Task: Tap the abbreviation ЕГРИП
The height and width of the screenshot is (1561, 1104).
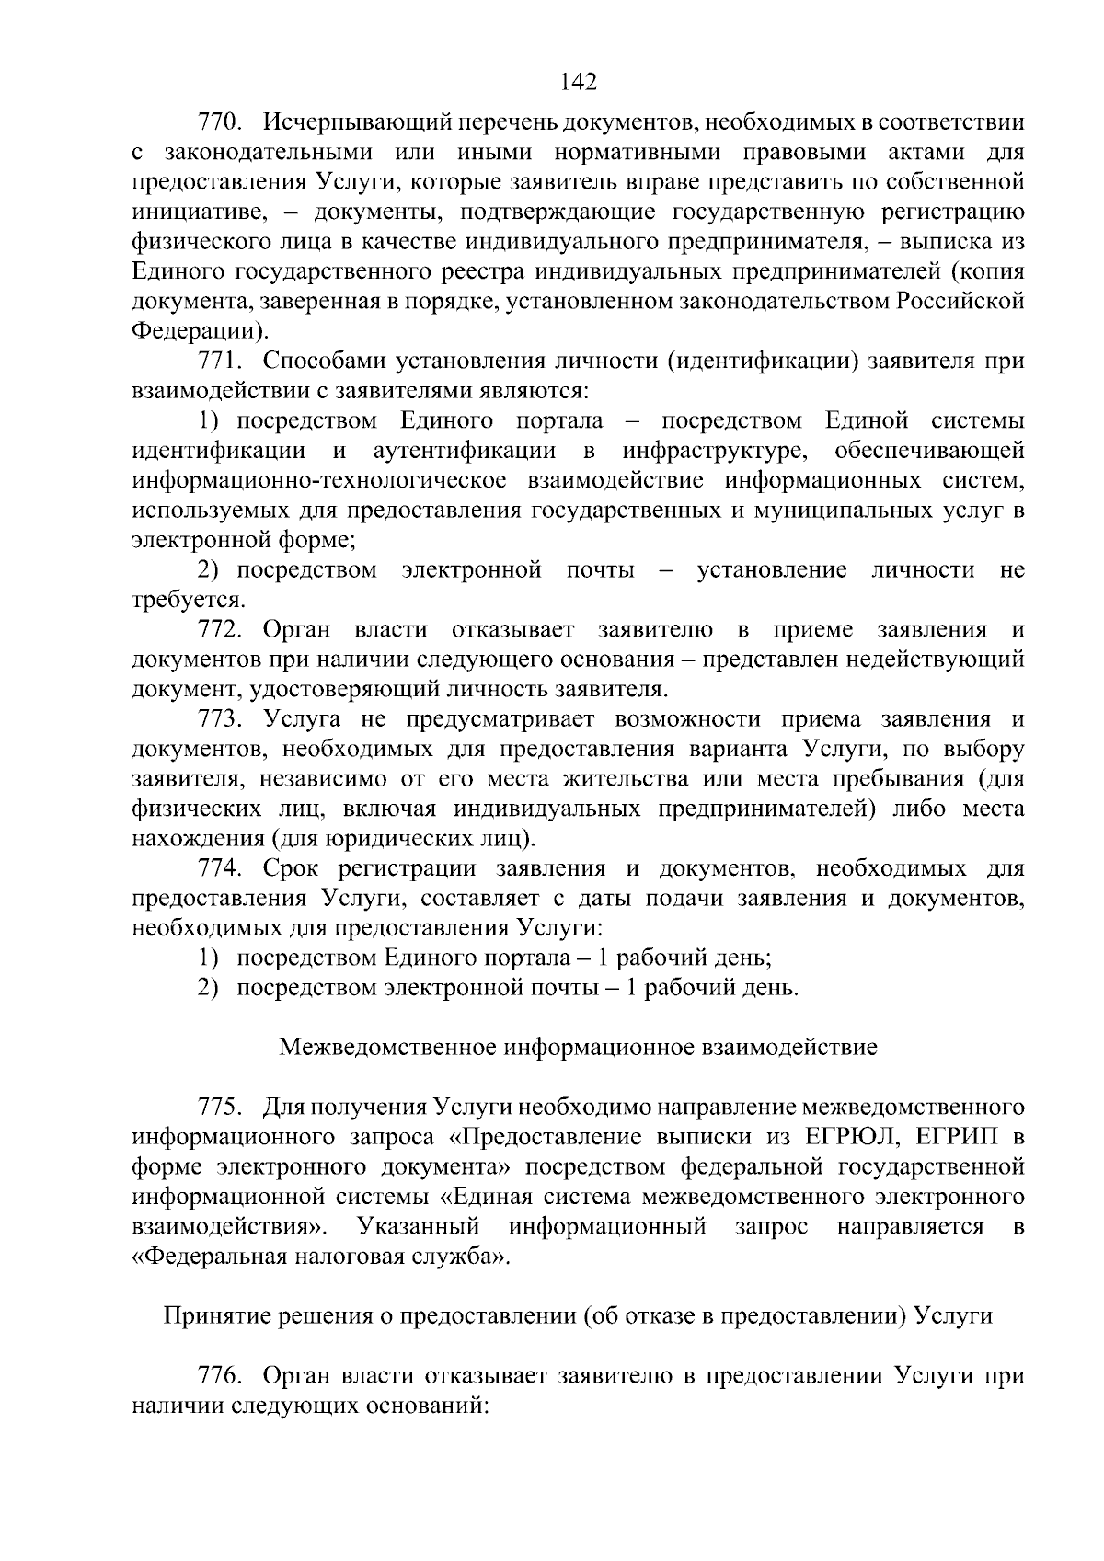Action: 958,1138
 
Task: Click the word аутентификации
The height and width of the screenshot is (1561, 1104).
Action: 465,451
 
